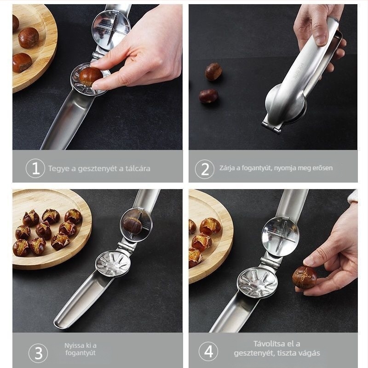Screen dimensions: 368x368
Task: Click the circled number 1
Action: [x=35, y=168]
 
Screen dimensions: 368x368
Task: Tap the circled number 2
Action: [x=205, y=169]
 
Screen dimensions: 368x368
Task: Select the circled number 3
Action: [x=38, y=353]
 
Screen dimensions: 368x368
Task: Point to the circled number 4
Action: [x=208, y=351]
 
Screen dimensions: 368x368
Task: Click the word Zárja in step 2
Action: [x=226, y=168]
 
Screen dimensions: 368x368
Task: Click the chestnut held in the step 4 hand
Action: [x=305, y=277]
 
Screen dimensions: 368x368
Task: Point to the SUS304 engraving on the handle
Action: [x=298, y=71]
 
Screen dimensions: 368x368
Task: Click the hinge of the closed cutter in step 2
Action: [x=271, y=127]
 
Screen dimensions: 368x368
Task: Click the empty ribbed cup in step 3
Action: [x=113, y=264]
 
